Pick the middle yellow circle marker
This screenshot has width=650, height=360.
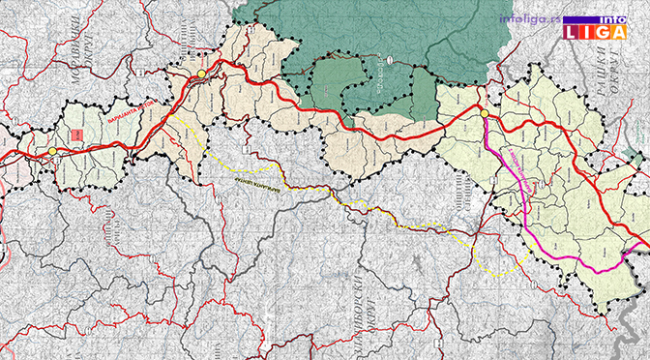point(200,74)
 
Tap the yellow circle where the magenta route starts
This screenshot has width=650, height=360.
point(484,114)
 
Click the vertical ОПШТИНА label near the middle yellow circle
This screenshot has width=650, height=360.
point(190,44)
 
